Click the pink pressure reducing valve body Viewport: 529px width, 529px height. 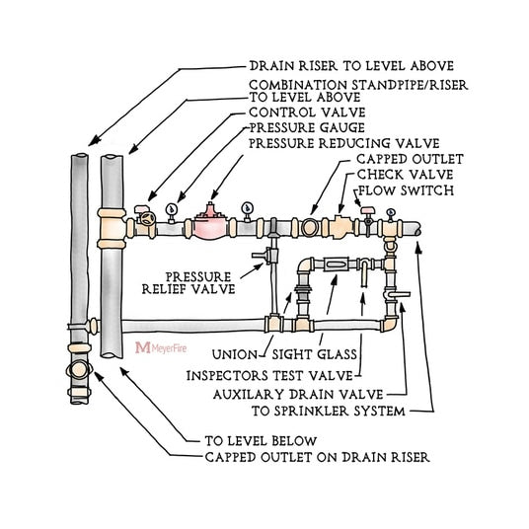pyautogui.click(x=208, y=224)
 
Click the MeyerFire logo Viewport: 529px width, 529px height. pyautogui.click(x=162, y=348)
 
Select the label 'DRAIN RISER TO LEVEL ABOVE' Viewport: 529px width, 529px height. pyautogui.click(x=336, y=68)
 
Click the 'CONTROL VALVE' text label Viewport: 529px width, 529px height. pyautogui.click(x=296, y=113)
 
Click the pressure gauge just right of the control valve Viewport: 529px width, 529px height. pyautogui.click(x=172, y=209)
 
